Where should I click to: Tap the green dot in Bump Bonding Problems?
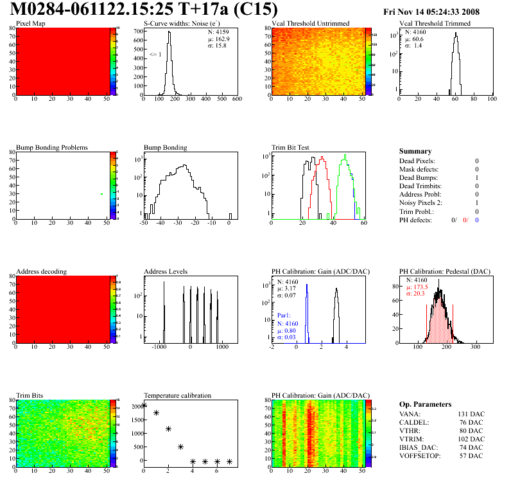click(x=101, y=194)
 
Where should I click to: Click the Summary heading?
click(x=415, y=151)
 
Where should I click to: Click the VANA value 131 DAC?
click(x=466, y=414)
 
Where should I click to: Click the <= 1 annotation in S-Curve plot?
click(x=154, y=55)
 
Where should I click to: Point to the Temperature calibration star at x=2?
click(x=168, y=429)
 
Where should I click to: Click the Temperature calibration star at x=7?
click(x=229, y=461)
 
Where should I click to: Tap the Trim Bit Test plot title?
click(x=291, y=147)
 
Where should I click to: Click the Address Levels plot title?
click(x=166, y=272)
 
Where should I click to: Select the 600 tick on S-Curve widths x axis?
click(x=237, y=100)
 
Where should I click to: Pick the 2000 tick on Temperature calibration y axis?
click(x=136, y=406)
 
